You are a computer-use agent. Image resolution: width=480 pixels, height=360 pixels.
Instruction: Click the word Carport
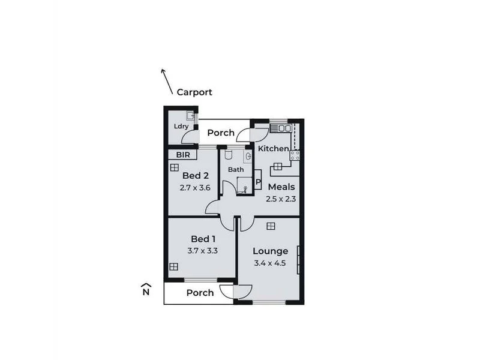(x=194, y=92)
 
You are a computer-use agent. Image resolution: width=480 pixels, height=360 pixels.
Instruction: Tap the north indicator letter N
(x=145, y=293)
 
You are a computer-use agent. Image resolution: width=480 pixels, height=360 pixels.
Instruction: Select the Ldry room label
(x=181, y=127)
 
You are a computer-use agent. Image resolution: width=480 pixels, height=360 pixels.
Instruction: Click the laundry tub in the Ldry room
(x=190, y=116)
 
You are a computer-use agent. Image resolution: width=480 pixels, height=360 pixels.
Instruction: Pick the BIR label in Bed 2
(x=182, y=154)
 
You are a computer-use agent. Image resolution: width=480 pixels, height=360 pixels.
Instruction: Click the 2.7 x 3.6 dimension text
(x=196, y=187)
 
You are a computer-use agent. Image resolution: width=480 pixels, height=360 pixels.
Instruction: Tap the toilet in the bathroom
(x=229, y=156)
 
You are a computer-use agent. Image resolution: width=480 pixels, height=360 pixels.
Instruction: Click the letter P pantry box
(x=258, y=181)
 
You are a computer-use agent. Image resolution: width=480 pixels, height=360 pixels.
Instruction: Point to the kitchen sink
(x=280, y=128)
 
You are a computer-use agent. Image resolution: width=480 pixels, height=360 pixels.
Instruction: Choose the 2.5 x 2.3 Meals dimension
(x=282, y=199)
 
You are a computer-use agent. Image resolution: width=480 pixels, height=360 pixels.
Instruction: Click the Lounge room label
(x=270, y=251)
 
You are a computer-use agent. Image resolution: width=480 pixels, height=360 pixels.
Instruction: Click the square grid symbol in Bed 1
(x=173, y=266)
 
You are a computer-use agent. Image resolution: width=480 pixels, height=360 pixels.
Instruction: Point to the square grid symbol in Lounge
(x=271, y=226)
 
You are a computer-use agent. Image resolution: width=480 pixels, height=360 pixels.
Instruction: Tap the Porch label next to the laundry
(x=221, y=133)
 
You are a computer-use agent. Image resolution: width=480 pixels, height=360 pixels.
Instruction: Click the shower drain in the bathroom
(x=245, y=187)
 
